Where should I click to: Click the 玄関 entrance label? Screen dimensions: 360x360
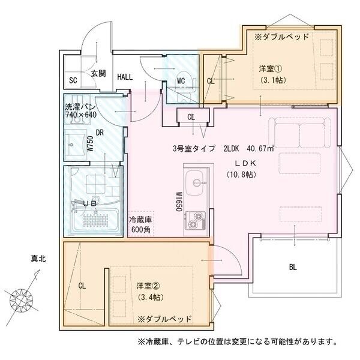(x=98, y=74)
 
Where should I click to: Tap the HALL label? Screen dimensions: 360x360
(x=125, y=77)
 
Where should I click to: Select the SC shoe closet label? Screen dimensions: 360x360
(x=73, y=80)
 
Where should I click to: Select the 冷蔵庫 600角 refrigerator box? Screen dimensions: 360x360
(x=140, y=224)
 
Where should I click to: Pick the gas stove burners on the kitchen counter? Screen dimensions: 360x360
(x=196, y=220)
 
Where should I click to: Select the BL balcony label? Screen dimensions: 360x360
(x=293, y=268)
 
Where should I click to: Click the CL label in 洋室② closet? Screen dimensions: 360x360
(x=82, y=286)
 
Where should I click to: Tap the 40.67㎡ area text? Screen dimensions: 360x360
(x=259, y=149)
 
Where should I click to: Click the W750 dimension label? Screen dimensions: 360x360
(x=89, y=145)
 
